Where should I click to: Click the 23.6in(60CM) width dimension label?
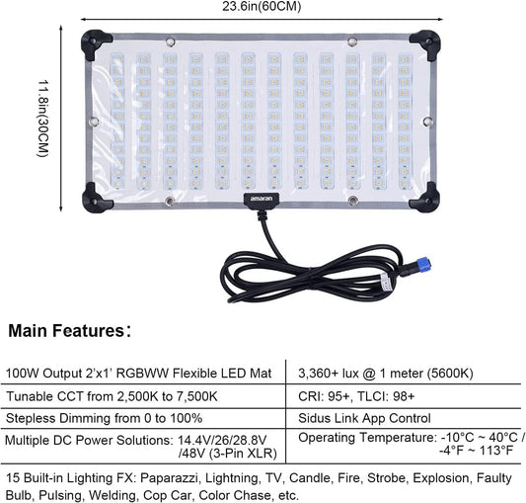262,6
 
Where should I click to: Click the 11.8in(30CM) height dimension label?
43,119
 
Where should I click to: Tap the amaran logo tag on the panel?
262,199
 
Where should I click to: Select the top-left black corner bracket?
96,43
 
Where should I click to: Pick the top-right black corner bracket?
426,43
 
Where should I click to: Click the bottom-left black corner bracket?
96,199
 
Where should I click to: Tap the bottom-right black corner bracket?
425,199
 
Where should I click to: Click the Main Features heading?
69,331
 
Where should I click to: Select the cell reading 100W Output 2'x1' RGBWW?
139,374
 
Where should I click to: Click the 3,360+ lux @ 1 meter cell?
386,374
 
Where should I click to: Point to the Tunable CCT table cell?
112,396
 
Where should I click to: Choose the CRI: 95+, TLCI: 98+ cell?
356,396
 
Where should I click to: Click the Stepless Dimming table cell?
104,418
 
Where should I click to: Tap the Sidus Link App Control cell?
364,418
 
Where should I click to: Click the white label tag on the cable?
387,282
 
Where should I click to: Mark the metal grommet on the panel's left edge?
95,122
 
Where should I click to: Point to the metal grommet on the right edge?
427,122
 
